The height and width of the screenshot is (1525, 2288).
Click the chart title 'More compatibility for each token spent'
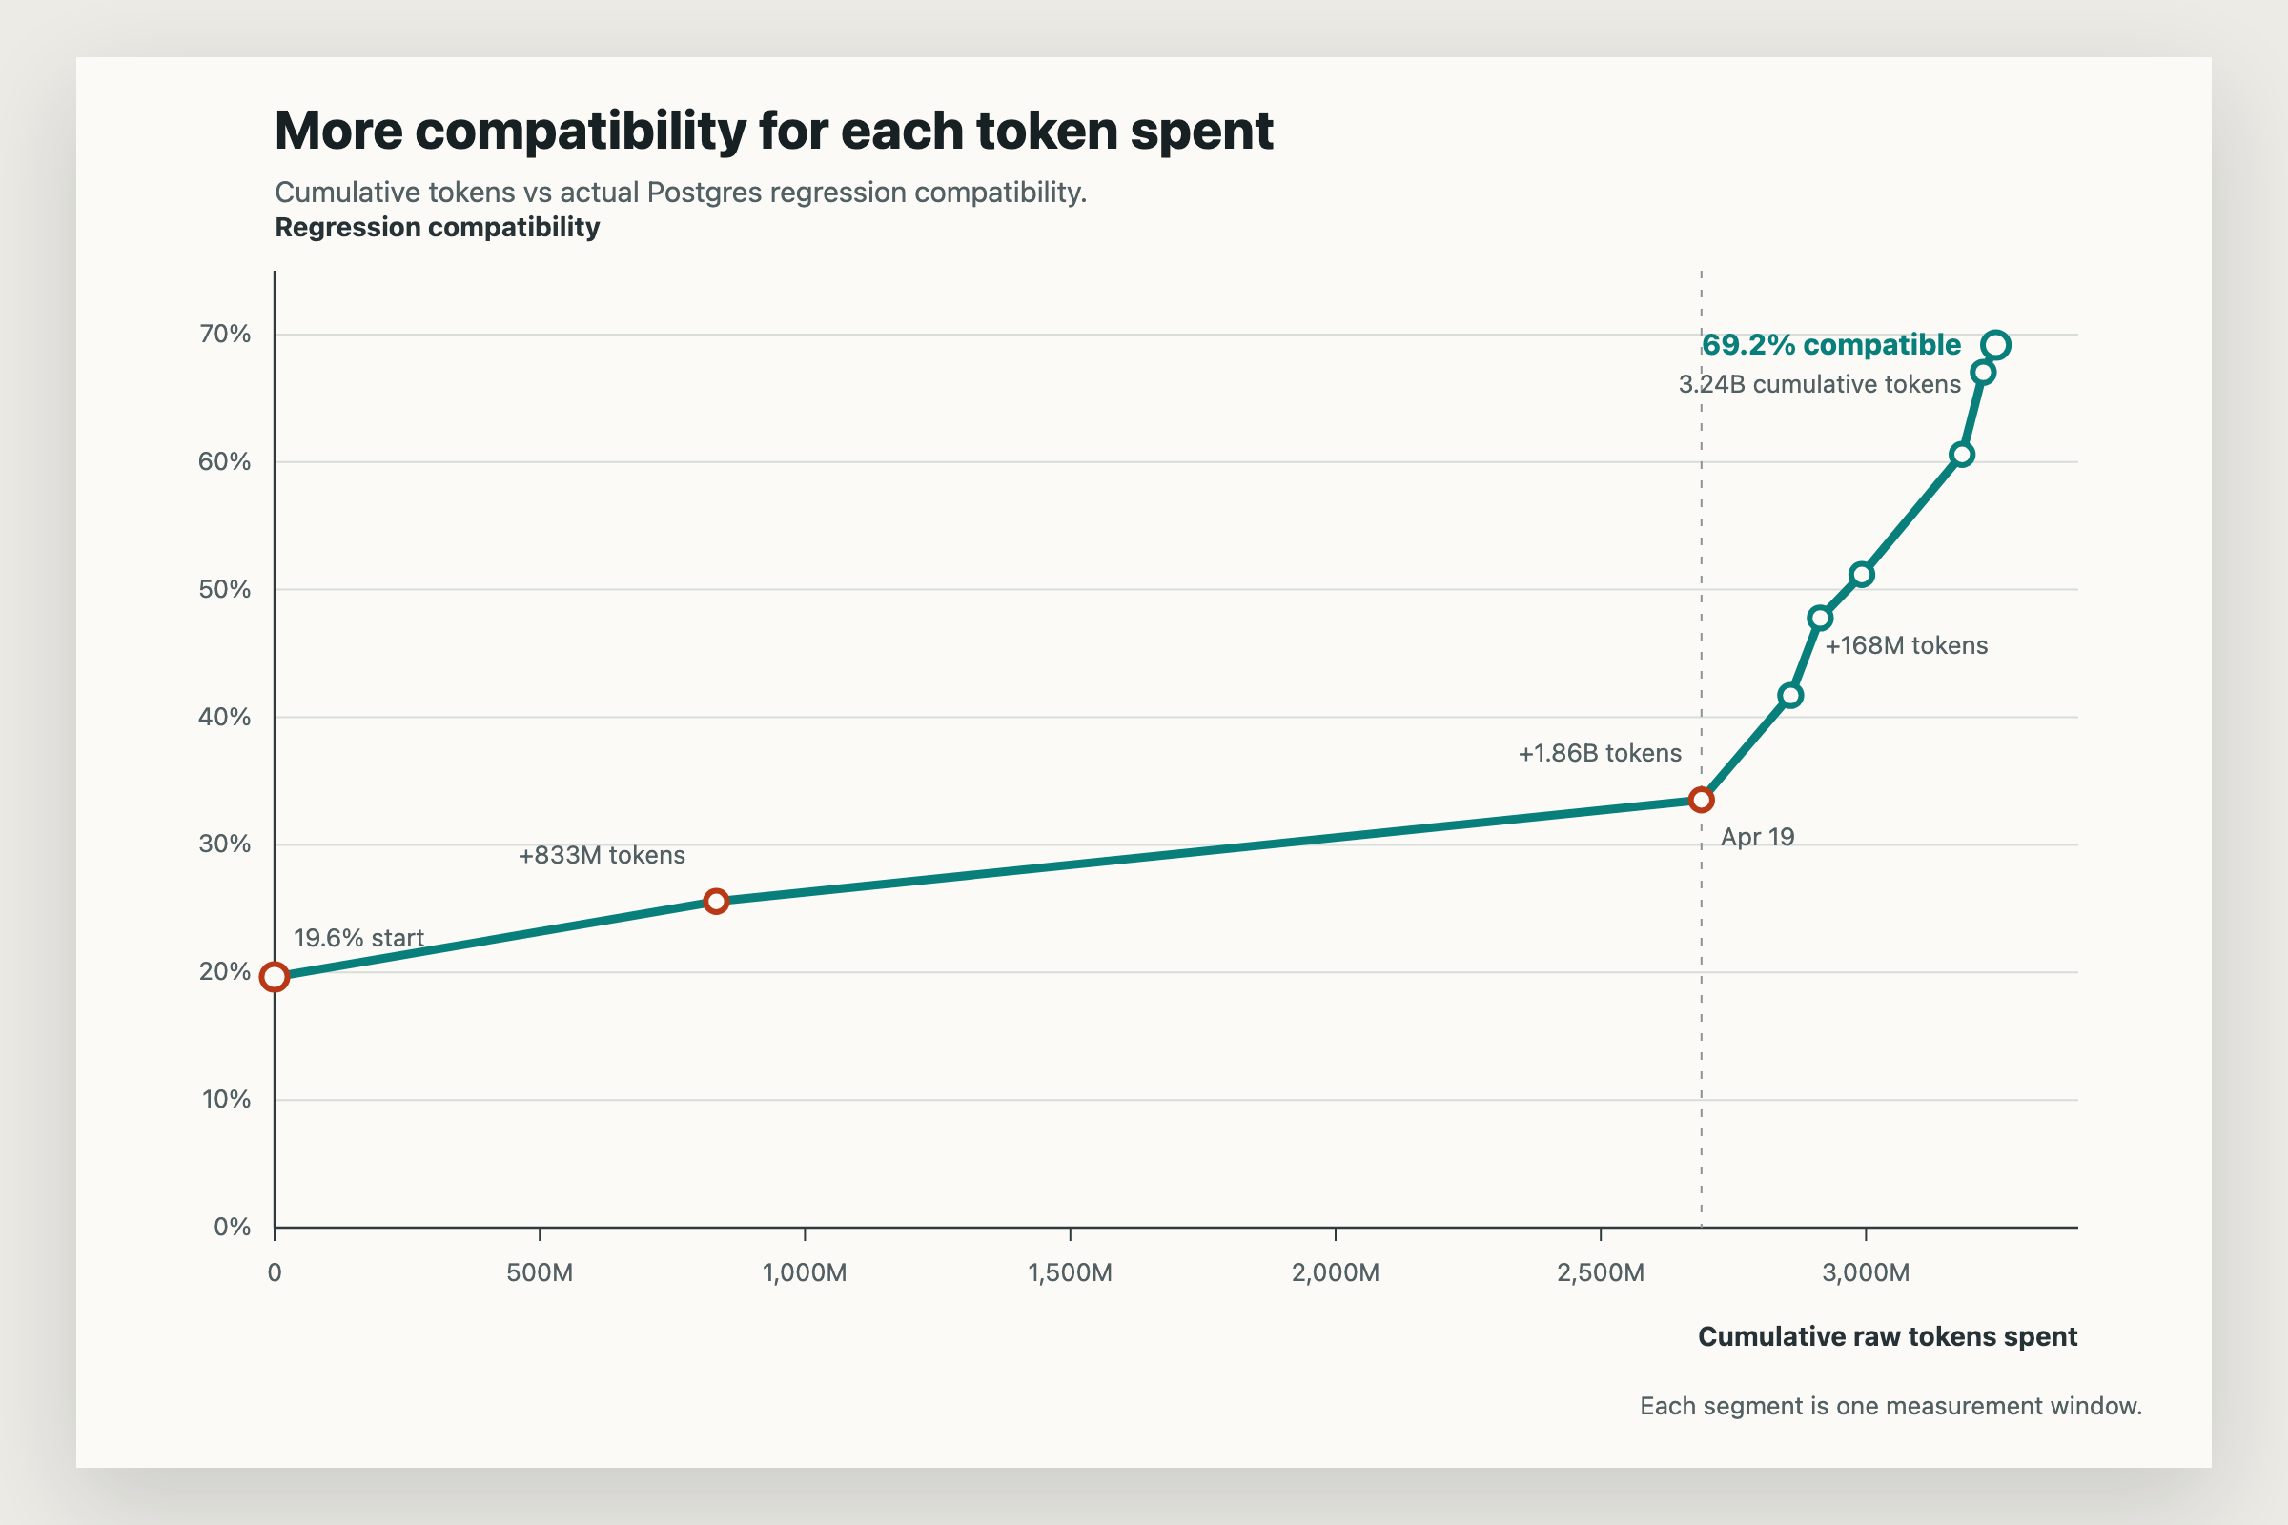(773, 131)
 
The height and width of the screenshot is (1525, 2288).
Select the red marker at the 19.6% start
(275, 976)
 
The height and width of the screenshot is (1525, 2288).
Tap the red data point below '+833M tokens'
(716, 902)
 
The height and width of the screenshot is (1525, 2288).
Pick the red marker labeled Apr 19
(1702, 801)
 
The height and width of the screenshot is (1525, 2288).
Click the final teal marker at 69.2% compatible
(1995, 345)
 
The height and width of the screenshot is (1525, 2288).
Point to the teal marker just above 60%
(1962, 456)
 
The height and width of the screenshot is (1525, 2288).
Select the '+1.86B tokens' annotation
(1600, 754)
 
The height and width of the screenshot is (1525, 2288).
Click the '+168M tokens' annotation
(1906, 646)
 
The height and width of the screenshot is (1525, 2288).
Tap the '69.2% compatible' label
(1830, 345)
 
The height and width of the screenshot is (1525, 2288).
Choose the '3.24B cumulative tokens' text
(1819, 385)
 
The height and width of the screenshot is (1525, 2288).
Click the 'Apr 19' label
(1757, 838)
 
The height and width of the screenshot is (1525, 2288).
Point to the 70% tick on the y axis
(225, 335)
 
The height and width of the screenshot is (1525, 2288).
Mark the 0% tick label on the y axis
(232, 1228)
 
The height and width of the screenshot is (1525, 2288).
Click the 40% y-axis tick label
(225, 718)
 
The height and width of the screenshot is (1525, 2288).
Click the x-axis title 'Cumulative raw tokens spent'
(1888, 1337)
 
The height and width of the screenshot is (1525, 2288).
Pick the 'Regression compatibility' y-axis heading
(437, 228)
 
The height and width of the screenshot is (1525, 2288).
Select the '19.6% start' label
(358, 939)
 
